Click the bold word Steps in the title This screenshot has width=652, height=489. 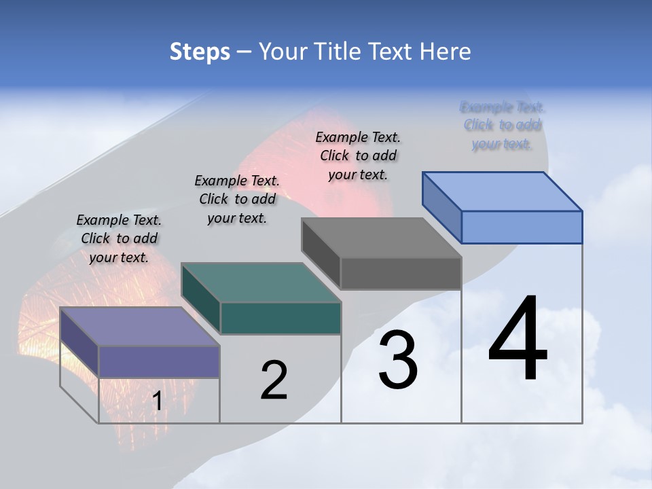click(199, 52)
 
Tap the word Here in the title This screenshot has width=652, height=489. click(446, 52)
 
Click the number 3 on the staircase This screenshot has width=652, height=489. click(398, 360)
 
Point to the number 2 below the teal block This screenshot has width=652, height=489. click(274, 380)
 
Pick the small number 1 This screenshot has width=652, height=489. click(157, 401)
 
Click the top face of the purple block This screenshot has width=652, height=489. click(139, 327)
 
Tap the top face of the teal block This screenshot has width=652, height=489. click(260, 283)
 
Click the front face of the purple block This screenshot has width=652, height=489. click(159, 361)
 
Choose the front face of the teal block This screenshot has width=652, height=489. click(280, 318)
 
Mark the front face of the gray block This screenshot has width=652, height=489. click(401, 273)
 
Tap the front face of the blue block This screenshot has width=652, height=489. click(522, 227)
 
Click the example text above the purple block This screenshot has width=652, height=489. click(119, 238)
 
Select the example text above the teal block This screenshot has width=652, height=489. click(237, 199)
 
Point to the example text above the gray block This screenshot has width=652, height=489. click(358, 156)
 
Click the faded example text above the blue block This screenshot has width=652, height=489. click(503, 125)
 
